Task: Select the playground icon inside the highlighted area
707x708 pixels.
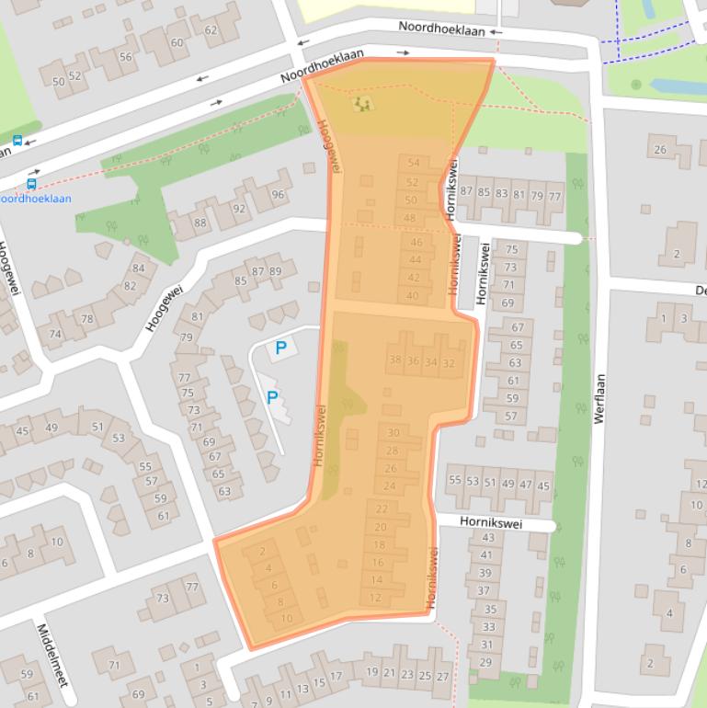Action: [x=364, y=104]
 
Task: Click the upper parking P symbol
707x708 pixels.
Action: [x=281, y=348]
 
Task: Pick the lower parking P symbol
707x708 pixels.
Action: [x=272, y=398]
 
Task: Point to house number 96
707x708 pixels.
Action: [x=278, y=195]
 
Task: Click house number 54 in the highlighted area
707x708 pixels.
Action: [x=413, y=164]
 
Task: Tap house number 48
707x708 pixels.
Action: [x=410, y=218]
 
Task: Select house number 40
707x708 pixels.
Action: [x=413, y=295]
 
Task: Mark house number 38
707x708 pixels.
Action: [x=395, y=361]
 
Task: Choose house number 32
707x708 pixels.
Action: [x=449, y=362]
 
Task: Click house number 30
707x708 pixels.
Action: [x=393, y=433]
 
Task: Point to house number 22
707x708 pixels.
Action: [x=382, y=508]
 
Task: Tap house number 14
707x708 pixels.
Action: [x=376, y=580]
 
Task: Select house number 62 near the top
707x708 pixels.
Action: [x=210, y=30]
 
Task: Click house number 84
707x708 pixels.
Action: [x=139, y=268]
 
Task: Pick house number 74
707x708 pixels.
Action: [x=55, y=334]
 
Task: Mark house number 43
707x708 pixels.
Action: [x=488, y=538]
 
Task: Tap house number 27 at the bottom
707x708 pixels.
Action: [x=443, y=677]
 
